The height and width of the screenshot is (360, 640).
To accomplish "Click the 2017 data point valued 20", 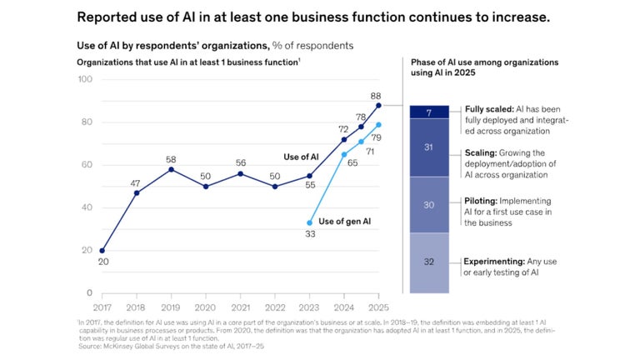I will [102, 250].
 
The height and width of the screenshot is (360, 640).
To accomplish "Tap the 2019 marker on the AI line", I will [171, 169].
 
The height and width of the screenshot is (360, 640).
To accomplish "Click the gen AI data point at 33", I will [310, 222].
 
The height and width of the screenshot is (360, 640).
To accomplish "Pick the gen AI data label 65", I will [352, 164].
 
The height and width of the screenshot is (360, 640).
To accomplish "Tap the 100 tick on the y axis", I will [85, 80].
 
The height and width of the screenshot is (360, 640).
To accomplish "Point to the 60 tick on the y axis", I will [87, 165].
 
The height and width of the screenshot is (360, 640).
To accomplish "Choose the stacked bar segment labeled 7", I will [429, 112].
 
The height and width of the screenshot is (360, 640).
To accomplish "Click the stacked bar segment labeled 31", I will [429, 147].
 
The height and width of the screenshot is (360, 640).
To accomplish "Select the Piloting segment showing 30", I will [429, 205].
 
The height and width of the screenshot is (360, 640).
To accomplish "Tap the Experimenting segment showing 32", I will [429, 262].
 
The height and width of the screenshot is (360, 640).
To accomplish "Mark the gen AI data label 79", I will [377, 137].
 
